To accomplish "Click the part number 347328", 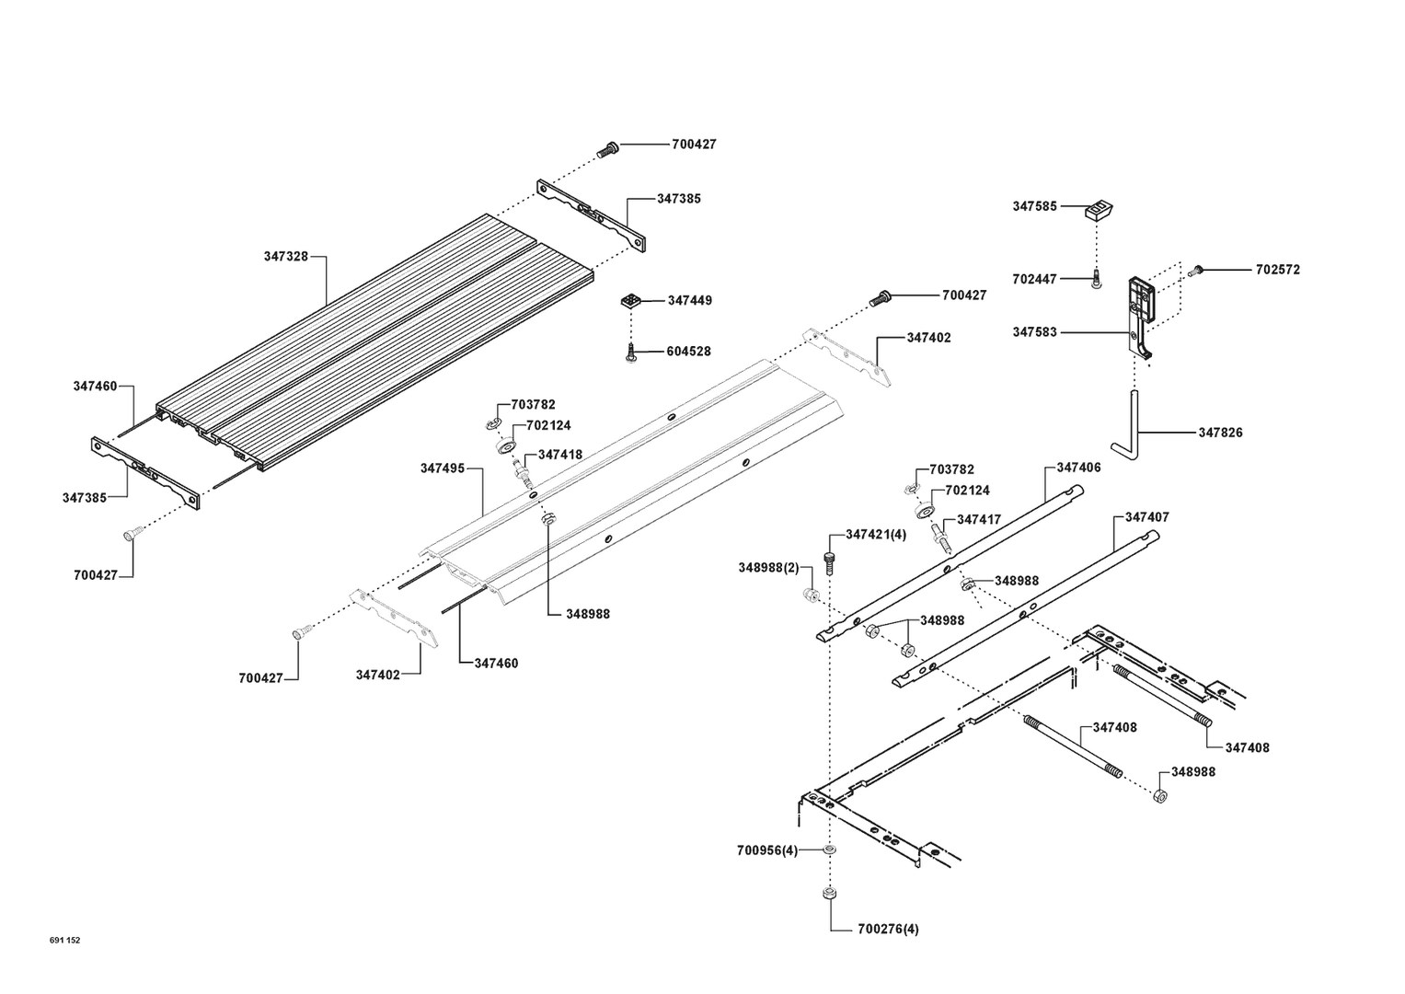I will (x=285, y=257).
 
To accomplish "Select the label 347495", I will (x=443, y=468).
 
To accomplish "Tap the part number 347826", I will (x=1220, y=433).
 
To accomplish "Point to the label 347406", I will (x=1078, y=468).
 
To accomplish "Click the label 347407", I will (x=1146, y=517).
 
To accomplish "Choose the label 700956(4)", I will (x=766, y=850).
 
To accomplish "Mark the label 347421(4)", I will (x=875, y=535).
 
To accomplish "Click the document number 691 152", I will (x=65, y=940).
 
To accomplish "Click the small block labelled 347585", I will (x=1100, y=210).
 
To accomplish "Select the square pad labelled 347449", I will (x=630, y=300).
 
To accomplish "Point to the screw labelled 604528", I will (x=632, y=352).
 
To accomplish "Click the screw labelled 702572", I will (x=1197, y=271).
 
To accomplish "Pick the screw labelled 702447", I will (x=1097, y=279).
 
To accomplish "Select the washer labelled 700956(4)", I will (x=829, y=850).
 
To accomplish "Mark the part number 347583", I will (x=1035, y=332).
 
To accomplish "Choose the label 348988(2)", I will (x=768, y=567).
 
